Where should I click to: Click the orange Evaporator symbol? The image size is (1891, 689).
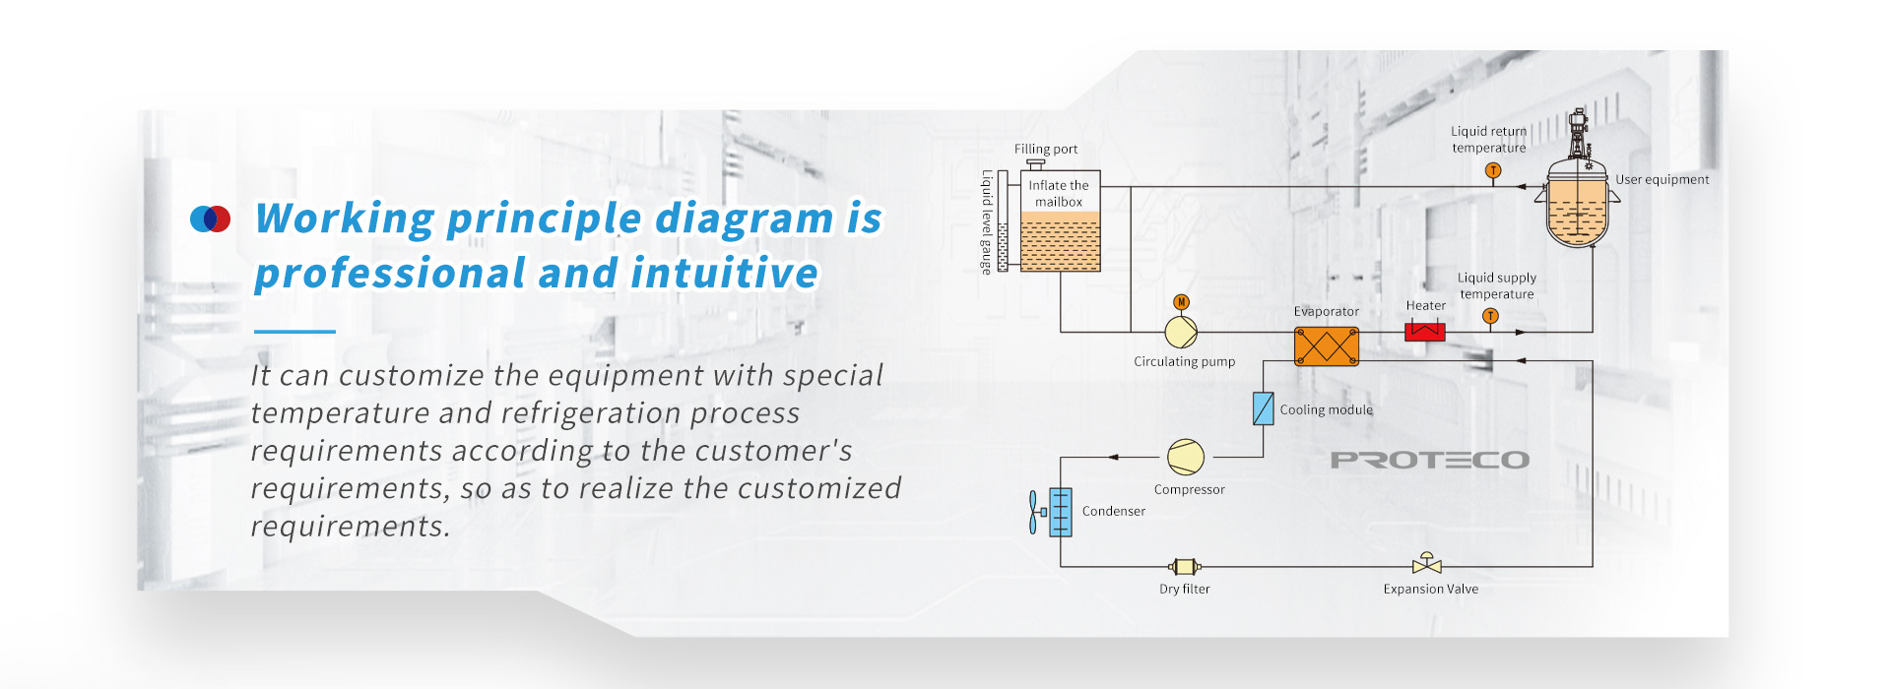[x=1326, y=346]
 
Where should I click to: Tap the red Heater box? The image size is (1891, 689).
[x=1424, y=331]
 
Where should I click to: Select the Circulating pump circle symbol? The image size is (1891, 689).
[x=1181, y=332]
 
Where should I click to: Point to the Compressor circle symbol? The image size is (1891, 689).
[x=1186, y=457]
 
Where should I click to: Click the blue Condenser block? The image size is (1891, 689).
[x=1060, y=512]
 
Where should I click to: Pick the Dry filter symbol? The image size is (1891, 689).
[x=1184, y=566]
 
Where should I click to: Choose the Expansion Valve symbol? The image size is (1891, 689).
[x=1426, y=563]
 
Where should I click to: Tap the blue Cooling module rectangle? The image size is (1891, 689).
[x=1264, y=408]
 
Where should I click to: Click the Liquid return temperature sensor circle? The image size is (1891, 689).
[x=1493, y=170]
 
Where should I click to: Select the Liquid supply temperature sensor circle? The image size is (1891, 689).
[x=1490, y=316]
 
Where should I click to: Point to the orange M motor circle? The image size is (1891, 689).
[x=1181, y=302]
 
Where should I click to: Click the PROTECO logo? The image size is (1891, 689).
[x=1430, y=460]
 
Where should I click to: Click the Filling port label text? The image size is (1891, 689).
[x=1046, y=149]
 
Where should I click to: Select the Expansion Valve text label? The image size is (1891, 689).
[x=1430, y=589]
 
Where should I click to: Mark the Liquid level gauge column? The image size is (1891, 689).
[x=1003, y=220]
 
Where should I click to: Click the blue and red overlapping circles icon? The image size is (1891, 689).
[x=210, y=219]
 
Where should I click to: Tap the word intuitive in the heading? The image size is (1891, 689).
[x=725, y=273]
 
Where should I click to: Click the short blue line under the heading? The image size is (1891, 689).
[x=294, y=332]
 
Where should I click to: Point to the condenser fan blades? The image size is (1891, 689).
[x=1033, y=512]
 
